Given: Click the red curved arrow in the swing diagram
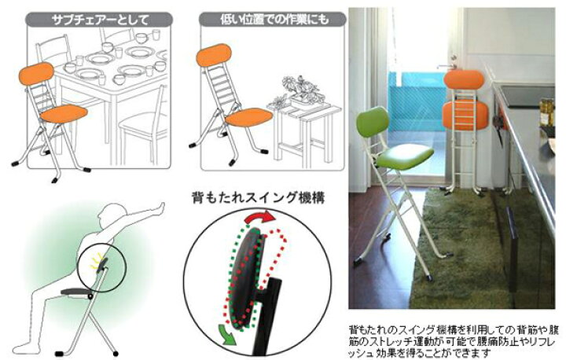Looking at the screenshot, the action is (259, 215).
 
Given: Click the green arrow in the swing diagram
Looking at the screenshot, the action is (226, 334).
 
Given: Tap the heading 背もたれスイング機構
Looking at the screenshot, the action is (259, 197).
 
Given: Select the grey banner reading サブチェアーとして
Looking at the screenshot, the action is (99, 20).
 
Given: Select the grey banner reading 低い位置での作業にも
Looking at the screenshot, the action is (272, 19).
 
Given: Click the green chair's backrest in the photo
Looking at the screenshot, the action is (372, 122).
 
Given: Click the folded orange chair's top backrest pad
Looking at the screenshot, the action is (464, 79).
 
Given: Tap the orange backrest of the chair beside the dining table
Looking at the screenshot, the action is (36, 74).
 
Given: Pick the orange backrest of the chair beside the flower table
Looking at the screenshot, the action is (213, 55).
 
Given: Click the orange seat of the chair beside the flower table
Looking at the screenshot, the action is (249, 117).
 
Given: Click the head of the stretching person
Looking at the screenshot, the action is (112, 213).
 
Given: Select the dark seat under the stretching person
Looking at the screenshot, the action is (76, 292).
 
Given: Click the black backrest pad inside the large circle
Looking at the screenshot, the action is (245, 276).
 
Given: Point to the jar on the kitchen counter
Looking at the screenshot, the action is (547, 112).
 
